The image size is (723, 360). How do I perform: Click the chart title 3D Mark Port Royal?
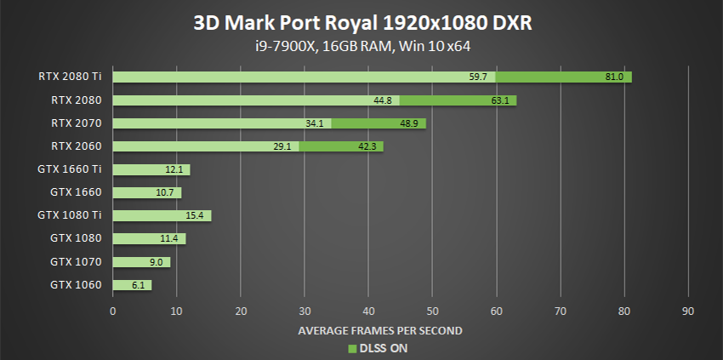[x=361, y=23]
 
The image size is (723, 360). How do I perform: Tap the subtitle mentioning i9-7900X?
[x=361, y=47]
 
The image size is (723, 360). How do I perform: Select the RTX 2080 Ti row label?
[x=70, y=77]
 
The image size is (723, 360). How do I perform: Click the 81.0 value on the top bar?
[x=615, y=77]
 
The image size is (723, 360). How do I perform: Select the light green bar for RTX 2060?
[x=204, y=146]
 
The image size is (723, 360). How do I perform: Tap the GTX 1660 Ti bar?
[x=151, y=169]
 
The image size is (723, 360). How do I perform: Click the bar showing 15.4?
[x=162, y=215]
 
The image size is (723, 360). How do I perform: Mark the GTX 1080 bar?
[x=149, y=238]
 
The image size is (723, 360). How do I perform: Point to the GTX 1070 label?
[x=76, y=262]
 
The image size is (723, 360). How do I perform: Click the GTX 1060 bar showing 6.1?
[x=132, y=285]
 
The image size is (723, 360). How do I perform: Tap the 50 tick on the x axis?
[x=432, y=311]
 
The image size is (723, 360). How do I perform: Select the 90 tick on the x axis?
[x=688, y=311]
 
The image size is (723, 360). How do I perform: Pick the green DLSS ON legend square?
[x=350, y=348]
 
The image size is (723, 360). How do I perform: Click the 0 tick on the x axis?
[x=113, y=311]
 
